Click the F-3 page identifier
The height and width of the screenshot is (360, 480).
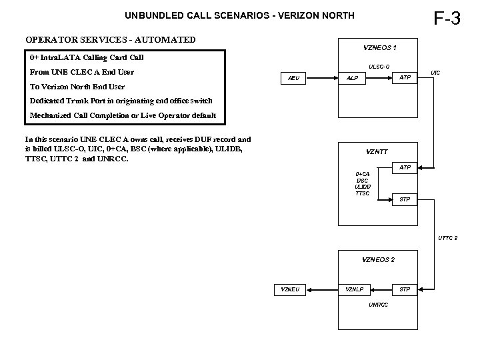tap(447, 18)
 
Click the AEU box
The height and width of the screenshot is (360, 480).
tap(293, 78)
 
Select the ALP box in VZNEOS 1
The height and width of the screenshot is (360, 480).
tap(352, 78)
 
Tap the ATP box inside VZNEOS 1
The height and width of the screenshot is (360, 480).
tap(405, 78)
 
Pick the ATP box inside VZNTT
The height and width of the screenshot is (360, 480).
tap(405, 167)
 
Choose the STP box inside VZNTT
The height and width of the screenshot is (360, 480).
tap(405, 199)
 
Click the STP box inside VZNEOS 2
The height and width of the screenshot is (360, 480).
tap(405, 289)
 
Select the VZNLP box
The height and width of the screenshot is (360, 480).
tap(354, 289)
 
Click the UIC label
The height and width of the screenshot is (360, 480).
tap(435, 72)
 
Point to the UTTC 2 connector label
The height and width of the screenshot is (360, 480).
tap(447, 238)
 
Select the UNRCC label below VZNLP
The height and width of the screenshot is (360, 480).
tap(377, 305)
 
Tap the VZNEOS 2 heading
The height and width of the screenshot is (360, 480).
tap(378, 259)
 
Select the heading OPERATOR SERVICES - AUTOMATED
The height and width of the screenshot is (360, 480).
tap(111, 39)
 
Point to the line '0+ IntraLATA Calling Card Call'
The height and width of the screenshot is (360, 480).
tap(87, 57)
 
